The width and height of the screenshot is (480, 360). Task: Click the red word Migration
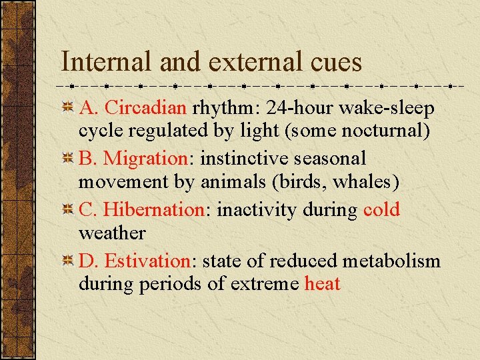click(145, 159)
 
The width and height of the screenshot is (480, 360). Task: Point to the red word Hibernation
click(154, 209)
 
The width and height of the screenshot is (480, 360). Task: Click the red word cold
click(381, 209)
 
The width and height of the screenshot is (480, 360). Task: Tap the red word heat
click(322, 284)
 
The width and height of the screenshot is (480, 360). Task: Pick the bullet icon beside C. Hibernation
click(67, 210)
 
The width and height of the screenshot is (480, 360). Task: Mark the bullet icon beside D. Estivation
click(67, 261)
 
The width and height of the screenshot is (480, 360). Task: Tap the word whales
click(358, 182)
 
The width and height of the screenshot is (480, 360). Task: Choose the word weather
click(111, 233)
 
